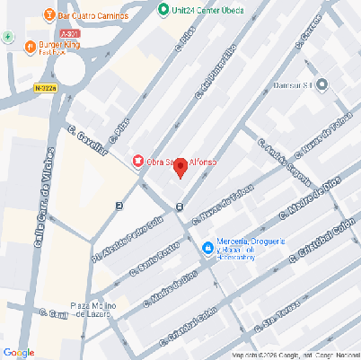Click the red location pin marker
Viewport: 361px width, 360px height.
tap(180, 167)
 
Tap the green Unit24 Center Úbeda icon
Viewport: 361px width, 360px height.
tap(163, 10)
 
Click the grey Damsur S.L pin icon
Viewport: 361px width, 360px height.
tap(322, 84)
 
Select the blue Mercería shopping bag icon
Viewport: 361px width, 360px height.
tap(207, 247)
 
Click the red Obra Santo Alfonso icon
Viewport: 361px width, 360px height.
tap(137, 161)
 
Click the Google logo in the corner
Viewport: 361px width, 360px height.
tap(19, 351)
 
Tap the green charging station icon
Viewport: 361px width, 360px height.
tap(8, 37)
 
